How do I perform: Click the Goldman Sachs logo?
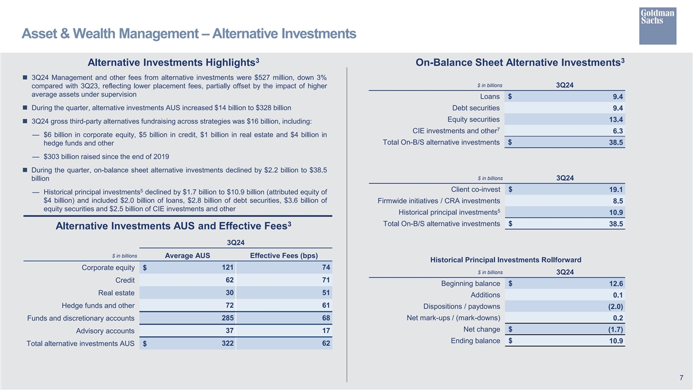point(657,25)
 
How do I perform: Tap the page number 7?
point(682,378)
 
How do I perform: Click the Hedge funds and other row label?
point(98,306)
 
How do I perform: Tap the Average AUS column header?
point(188,257)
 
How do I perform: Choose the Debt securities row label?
point(476,108)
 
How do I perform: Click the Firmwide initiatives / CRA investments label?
point(438,201)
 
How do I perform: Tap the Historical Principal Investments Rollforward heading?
point(506,260)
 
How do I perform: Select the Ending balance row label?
point(476,341)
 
